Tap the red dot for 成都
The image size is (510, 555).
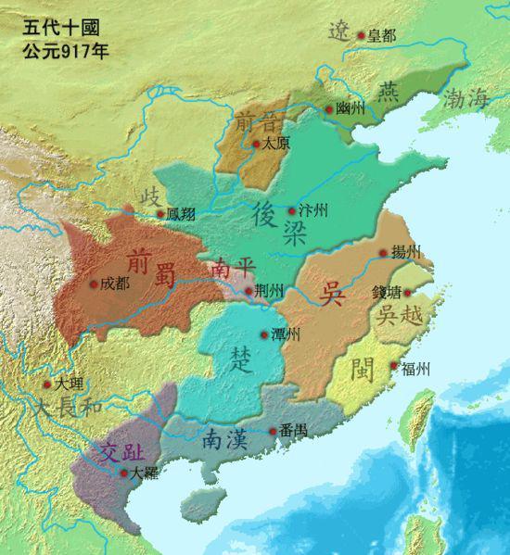[93, 284]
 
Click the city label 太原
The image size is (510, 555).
[274, 144]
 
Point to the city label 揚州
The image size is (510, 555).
[405, 252]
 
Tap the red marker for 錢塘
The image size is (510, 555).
[406, 293]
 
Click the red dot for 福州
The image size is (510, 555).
[395, 367]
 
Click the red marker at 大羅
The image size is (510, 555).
[124, 473]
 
